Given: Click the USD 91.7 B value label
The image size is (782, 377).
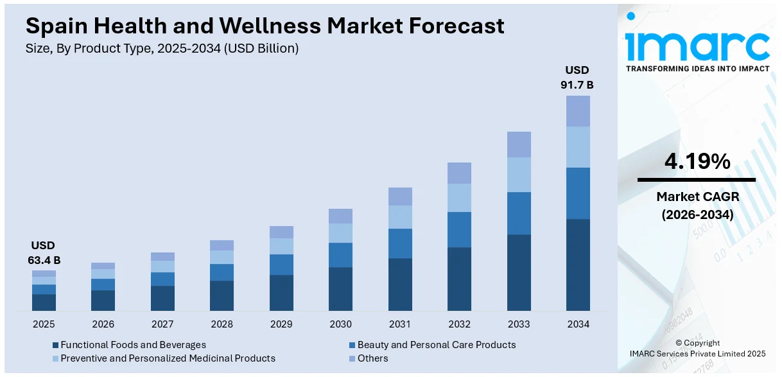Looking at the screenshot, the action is pyautogui.click(x=578, y=77).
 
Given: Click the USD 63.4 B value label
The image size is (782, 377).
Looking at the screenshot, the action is pyautogui.click(x=44, y=252).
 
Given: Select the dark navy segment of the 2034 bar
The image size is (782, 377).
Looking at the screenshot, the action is pyautogui.click(x=578, y=265).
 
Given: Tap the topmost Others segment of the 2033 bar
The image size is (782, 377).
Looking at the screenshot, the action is pyautogui.click(x=519, y=145).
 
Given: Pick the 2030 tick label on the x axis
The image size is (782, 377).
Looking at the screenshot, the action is pyautogui.click(x=340, y=324).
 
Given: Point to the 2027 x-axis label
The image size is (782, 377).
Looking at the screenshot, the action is pyautogui.click(x=162, y=324).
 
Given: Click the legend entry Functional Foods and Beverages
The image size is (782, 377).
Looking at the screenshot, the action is pyautogui.click(x=133, y=345).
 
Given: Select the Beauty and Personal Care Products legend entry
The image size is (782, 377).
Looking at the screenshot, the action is pyautogui.click(x=436, y=345).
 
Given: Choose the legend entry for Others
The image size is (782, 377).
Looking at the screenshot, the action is pyautogui.click(x=372, y=358).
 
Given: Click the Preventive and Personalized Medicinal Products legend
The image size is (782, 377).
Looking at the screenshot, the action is pyautogui.click(x=168, y=358).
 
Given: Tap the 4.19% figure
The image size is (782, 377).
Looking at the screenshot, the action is pyautogui.click(x=697, y=162).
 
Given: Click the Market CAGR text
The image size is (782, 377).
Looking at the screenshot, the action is pyautogui.click(x=697, y=197).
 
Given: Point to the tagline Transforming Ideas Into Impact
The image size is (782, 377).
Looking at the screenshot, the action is pyautogui.click(x=697, y=69).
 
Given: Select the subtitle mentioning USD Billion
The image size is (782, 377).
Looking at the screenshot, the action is pyautogui.click(x=162, y=48).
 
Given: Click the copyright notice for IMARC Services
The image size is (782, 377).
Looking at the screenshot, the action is pyautogui.click(x=697, y=353).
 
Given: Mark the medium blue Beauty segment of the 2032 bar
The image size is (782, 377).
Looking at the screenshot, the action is pyautogui.click(x=459, y=229).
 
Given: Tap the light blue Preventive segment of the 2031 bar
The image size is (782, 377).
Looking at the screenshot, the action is pyautogui.click(x=400, y=217).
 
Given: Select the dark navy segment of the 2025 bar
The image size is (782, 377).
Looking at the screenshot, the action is pyautogui.click(x=44, y=302).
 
